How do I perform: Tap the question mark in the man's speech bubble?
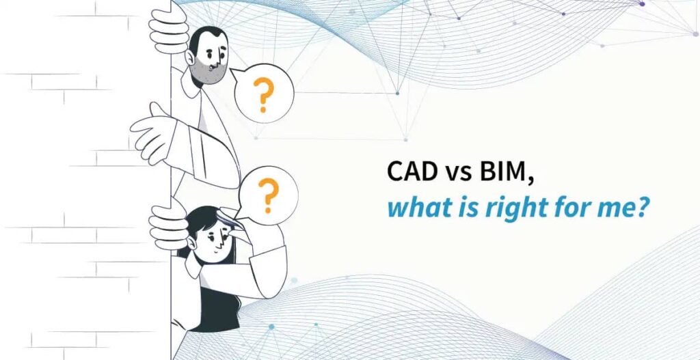(260, 95)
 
